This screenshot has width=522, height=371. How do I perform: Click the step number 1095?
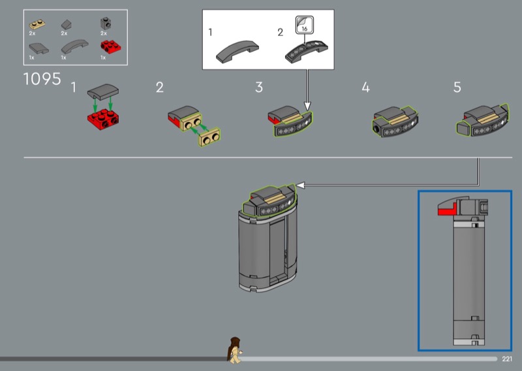[x=42, y=79]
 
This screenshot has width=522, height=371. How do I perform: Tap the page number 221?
[x=507, y=359]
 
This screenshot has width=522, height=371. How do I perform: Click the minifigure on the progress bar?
[x=235, y=350]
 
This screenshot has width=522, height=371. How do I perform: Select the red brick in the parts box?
[x=110, y=46]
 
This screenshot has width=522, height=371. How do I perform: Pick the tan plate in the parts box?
[x=37, y=24]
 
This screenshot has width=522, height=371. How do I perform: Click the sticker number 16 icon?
[x=304, y=25]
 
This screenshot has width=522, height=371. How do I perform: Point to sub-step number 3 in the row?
[x=259, y=88]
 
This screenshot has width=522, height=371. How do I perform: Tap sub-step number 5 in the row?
[x=457, y=88]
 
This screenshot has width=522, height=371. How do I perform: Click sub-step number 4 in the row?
[x=365, y=88]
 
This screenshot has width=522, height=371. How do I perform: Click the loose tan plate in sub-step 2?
[x=209, y=137]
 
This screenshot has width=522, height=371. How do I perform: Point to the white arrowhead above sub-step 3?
[x=307, y=106]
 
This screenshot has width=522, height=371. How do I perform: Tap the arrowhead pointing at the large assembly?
[x=300, y=185]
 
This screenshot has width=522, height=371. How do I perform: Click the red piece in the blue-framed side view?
[x=446, y=210]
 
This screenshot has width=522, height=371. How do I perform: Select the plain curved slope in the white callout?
[x=237, y=52]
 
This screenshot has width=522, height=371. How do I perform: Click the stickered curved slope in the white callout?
[x=306, y=51]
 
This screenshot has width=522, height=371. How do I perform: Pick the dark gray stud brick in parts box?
[x=106, y=24]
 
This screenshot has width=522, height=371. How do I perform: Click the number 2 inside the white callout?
[x=281, y=33]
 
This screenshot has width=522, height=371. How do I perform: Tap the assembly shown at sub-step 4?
[x=395, y=121]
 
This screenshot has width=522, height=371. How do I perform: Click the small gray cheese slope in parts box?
[x=67, y=24]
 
